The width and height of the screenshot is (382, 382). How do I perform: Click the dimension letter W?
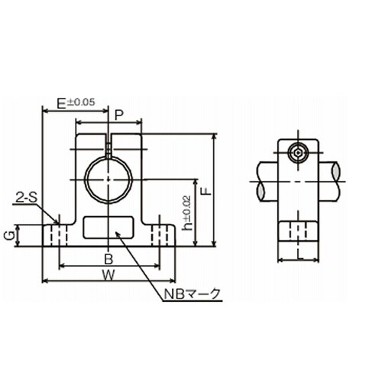click(108, 274)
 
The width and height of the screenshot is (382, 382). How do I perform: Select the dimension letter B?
click(108, 260)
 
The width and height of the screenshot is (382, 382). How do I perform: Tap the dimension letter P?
click(118, 115)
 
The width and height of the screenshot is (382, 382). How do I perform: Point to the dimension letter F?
click(208, 191)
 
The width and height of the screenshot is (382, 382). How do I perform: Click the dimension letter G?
click(10, 236)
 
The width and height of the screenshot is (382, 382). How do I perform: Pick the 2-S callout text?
click(26, 197)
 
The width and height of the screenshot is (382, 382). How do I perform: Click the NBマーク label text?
click(192, 294)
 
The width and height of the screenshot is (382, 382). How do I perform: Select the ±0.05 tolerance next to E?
click(80, 102)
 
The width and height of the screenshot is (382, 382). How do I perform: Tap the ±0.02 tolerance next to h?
click(186, 208)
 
